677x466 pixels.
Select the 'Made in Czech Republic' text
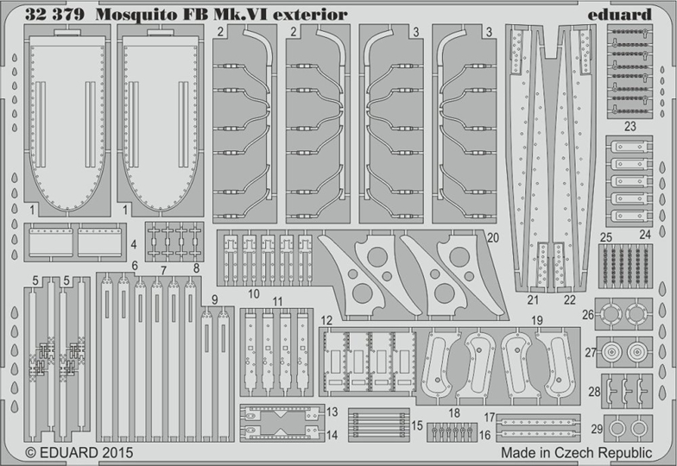575,452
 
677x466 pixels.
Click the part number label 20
492,236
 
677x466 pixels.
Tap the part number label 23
630,126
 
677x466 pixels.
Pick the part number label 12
326,320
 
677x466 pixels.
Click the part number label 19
537,320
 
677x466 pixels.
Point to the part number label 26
587,315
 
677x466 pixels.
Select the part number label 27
591,352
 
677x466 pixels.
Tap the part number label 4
133,245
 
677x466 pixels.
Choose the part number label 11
277,301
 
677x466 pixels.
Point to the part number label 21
534,299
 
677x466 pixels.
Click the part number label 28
594,391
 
